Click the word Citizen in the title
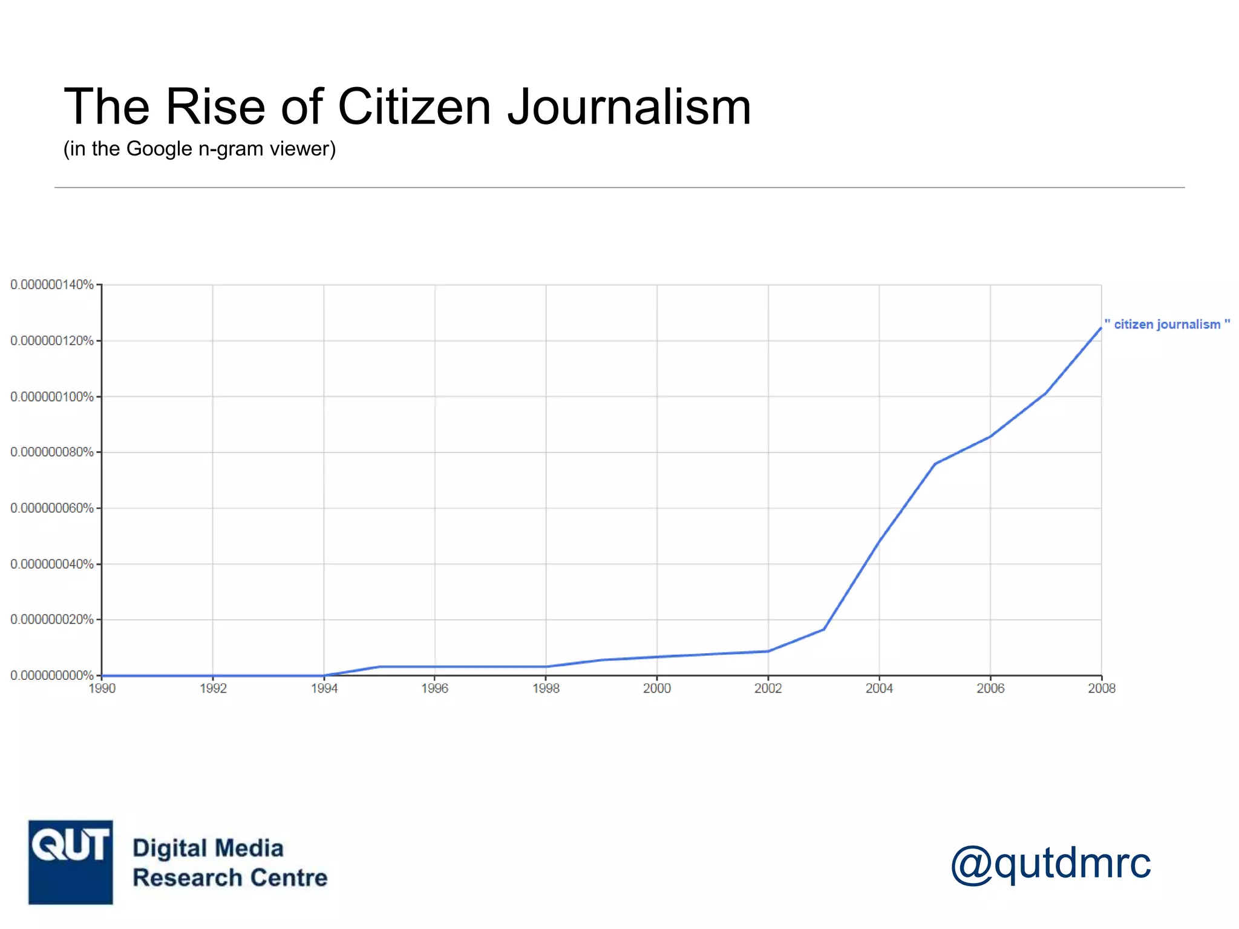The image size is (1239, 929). [414, 106]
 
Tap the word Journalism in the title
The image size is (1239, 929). [629, 106]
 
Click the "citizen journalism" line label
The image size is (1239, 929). [1167, 325]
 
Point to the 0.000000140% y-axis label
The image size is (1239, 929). [52, 284]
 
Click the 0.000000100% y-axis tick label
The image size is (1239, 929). [52, 397]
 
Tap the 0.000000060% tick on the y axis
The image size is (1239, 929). [52, 508]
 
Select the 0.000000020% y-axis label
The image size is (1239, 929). [52, 619]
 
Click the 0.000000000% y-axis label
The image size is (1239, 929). [52, 675]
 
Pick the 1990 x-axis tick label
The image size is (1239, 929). [102, 688]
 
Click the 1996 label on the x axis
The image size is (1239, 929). [435, 688]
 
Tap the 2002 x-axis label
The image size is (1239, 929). [768, 688]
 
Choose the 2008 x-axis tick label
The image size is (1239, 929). [1101, 688]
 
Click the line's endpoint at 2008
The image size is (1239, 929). [1100, 327]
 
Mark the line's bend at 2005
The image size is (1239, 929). [935, 464]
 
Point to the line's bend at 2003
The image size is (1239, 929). [823, 630]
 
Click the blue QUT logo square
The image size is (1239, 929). [71, 862]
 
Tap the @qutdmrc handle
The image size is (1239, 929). [1050, 862]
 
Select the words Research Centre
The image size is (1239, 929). [230, 878]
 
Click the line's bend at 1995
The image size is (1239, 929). [379, 667]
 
